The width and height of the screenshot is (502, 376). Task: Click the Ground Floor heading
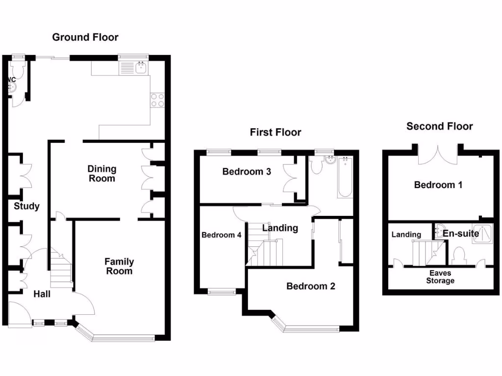click(85, 37)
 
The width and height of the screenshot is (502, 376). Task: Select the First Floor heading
click(276, 132)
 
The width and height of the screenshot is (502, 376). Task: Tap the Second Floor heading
click(439, 126)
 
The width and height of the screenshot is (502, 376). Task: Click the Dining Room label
click(102, 173)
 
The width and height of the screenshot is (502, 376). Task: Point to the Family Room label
click(119, 266)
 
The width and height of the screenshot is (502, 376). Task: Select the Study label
click(26, 206)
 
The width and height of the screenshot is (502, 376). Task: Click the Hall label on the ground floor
click(42, 294)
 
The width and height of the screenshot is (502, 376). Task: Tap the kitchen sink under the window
click(134, 68)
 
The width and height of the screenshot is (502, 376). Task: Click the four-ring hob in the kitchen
click(157, 100)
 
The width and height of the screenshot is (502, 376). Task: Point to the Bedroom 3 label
click(247, 171)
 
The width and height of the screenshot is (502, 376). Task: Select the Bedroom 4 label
click(222, 235)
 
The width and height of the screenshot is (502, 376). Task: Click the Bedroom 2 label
click(311, 286)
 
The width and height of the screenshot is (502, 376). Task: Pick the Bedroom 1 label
click(438, 185)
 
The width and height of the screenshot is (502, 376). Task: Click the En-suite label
click(461, 234)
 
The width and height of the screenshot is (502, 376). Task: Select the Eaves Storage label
click(440, 277)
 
